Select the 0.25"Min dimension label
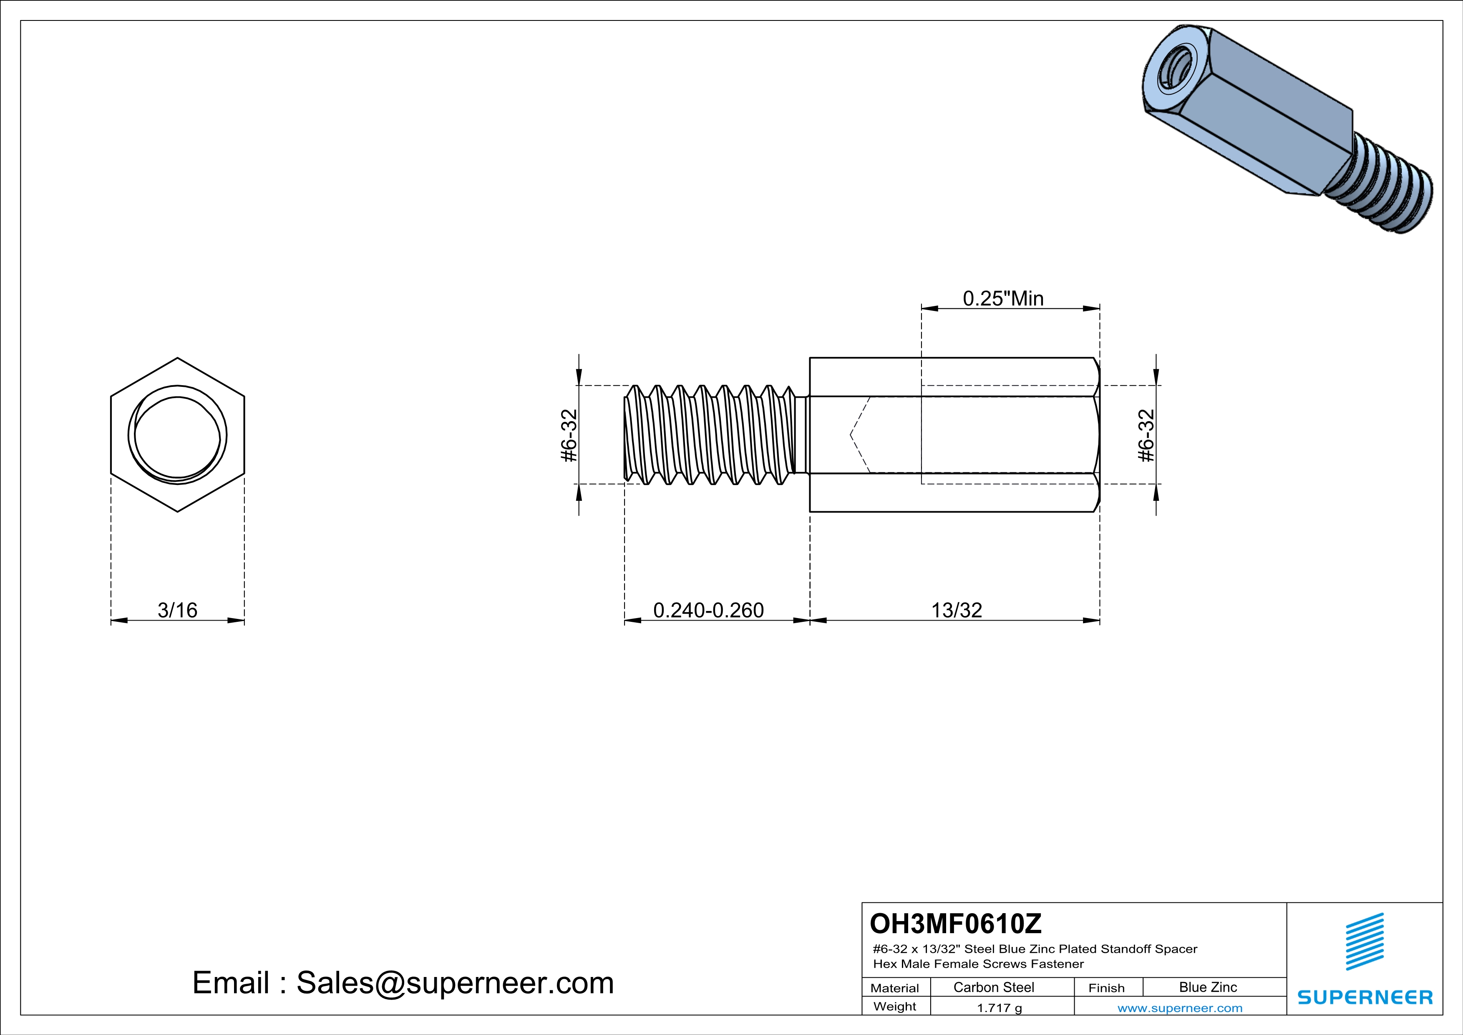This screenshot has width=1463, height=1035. pyautogui.click(x=1003, y=298)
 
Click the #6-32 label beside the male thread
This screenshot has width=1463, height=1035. pyautogui.click(x=568, y=435)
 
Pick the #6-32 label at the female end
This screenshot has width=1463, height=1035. pyautogui.click(x=1146, y=435)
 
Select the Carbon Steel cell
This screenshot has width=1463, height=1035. pyautogui.click(x=993, y=987)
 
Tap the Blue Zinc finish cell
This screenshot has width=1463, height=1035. pyautogui.click(x=1207, y=987)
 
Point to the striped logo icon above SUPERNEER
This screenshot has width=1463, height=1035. pyautogui.click(x=1364, y=942)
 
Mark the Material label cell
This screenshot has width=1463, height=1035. pyautogui.click(x=895, y=988)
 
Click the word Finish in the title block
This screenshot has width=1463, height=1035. pyautogui.click(x=1106, y=988)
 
